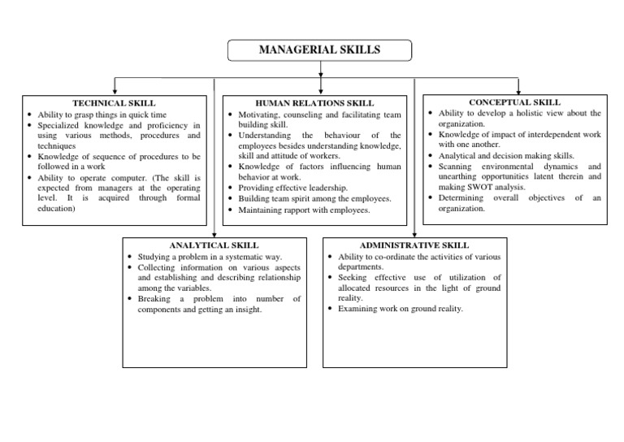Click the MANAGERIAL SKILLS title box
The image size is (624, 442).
(x=318, y=50)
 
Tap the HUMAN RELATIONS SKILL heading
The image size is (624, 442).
(x=314, y=103)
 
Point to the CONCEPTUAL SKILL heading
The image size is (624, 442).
(x=514, y=102)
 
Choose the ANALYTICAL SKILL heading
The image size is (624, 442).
(x=214, y=245)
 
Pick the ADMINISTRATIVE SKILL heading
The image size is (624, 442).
(x=414, y=245)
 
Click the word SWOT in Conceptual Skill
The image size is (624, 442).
(x=502, y=187)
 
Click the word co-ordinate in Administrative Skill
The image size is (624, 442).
(x=389, y=257)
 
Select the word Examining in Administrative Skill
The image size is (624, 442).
(x=359, y=310)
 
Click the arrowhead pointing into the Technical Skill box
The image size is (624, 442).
(x=115, y=90)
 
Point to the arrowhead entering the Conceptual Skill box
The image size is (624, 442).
(x=518, y=89)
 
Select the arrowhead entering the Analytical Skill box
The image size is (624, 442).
(x=214, y=233)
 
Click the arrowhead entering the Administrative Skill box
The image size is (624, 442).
(x=414, y=233)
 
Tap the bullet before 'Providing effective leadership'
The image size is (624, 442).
(x=232, y=188)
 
